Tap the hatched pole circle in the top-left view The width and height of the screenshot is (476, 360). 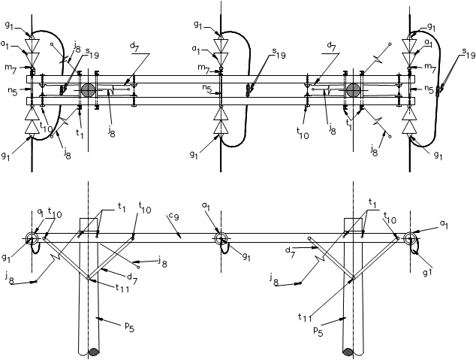click(89, 90)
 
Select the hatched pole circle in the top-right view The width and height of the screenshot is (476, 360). click(354, 90)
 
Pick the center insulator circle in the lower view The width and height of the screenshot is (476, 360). click(221, 239)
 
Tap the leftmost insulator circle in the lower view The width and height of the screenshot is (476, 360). click(31, 239)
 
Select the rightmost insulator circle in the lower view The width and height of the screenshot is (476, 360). click(410, 239)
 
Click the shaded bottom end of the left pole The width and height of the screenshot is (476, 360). click(93, 351)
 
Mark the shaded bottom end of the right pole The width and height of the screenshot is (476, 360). click(349, 351)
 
